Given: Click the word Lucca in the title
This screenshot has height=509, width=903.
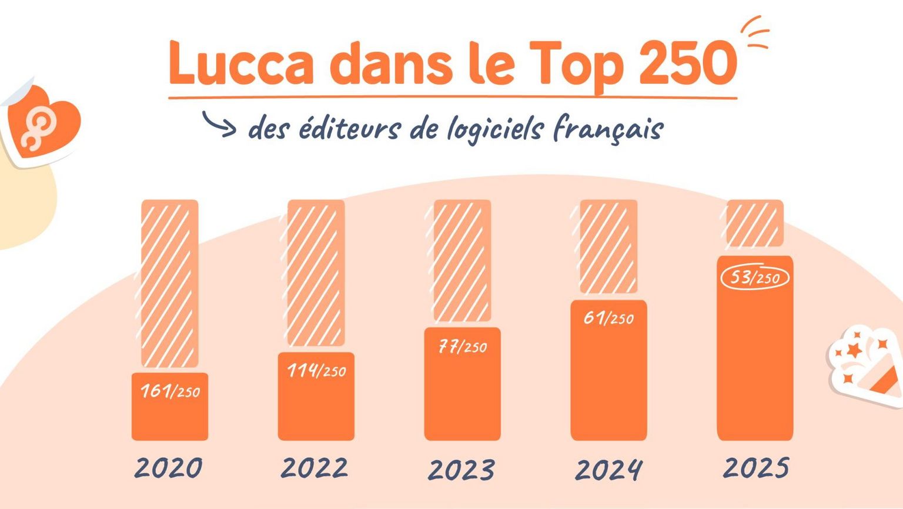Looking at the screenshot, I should pos(241,63).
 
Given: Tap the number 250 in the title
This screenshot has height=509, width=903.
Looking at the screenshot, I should pos(687,63).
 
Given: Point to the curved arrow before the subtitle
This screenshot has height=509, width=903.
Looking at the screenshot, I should pos(219,123).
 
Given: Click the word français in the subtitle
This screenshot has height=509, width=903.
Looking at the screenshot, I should pos(608,129).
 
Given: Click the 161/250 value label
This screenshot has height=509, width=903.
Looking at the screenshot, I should pos(170,391).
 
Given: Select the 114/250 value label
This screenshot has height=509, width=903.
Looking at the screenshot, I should pos(316,370).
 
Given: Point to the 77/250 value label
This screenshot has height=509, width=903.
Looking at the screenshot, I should pos(463,347).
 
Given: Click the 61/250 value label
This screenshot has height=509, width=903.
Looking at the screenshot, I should pos(608,319).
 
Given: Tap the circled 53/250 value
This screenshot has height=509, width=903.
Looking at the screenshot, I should pos(755,277).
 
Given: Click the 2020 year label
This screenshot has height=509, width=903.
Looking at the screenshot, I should pos(169,468).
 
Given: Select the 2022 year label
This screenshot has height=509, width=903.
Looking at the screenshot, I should pos(315,468).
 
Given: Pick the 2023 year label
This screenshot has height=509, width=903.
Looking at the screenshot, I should pos(461,470).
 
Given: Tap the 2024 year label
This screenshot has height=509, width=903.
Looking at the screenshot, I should pos(608,470).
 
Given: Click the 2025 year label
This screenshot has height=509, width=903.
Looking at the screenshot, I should pos(755,468).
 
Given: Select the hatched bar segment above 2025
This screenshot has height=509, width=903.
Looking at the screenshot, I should pos(755,223).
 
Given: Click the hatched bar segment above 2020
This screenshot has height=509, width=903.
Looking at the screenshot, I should pos(170,283).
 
